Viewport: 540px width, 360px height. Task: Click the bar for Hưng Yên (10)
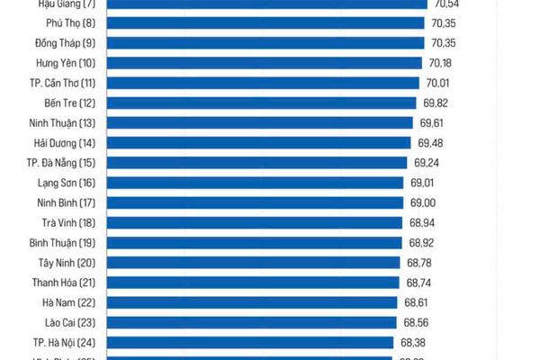pos(265,63)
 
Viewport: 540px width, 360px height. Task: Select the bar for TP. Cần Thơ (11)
pos(264,83)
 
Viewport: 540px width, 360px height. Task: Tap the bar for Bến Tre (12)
pos(263,103)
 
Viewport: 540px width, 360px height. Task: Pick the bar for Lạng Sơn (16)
pos(256,183)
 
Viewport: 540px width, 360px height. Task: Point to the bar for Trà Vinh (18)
pos(255,222)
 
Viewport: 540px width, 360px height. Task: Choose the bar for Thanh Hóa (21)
pos(253,282)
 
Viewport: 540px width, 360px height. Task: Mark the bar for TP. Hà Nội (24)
pos(250,342)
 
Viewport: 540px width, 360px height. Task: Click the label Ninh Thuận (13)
pos(62,122)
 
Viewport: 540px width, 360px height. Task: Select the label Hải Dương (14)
pos(62,143)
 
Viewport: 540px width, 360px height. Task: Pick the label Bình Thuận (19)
pos(62,242)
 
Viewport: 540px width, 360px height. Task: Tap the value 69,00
pos(423,202)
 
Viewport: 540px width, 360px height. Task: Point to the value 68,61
pos(417,302)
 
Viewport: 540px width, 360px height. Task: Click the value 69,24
pos(427,163)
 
